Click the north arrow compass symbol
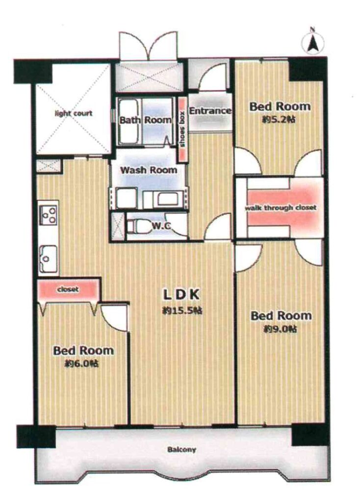312,42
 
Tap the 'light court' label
74,113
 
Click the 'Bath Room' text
146,120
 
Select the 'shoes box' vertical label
182,129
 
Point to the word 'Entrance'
210,111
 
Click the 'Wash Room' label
149,170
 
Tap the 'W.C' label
161,226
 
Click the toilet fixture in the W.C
137,226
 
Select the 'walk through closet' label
281,207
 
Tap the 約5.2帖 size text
279,119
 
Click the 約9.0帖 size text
280,329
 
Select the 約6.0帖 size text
82,364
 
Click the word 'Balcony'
182,450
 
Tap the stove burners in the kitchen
49,215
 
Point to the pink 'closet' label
68,290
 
